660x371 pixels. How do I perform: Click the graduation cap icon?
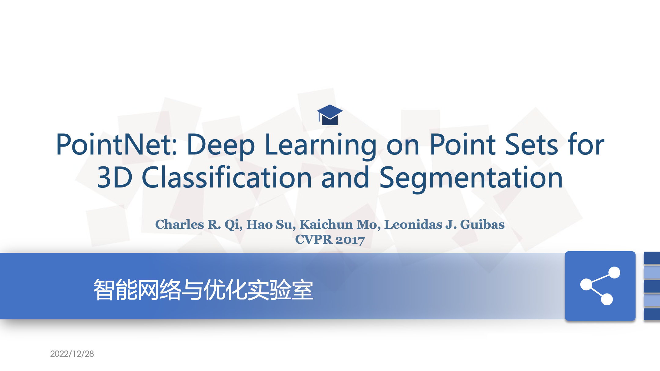pos(330,115)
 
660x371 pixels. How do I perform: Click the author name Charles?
pos(180,224)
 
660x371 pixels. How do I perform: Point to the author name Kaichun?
pos(326,224)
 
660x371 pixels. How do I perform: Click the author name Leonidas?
pos(413,224)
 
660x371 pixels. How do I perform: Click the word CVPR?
pos(314,239)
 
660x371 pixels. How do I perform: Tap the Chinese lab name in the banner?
pos(203,289)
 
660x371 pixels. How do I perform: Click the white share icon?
pos(600,286)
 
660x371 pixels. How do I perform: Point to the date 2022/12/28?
pos(72,354)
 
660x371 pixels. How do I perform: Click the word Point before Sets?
pos(463,144)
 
